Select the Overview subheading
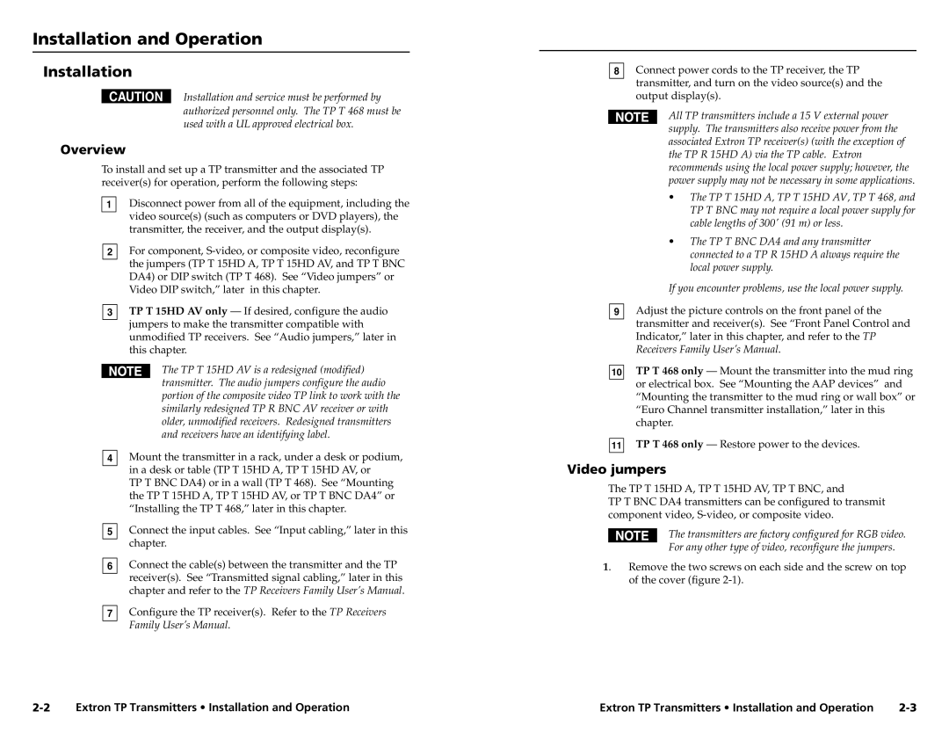(92, 149)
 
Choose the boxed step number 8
(617, 71)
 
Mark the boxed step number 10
(617, 373)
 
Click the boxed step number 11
(617, 446)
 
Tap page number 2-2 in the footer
(47, 707)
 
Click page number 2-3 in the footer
(907, 707)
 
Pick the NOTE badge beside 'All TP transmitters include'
(632, 117)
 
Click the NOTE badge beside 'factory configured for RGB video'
(632, 535)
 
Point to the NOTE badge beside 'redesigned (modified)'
(125, 372)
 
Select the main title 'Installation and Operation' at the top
(148, 39)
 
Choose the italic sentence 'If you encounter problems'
(786, 288)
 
